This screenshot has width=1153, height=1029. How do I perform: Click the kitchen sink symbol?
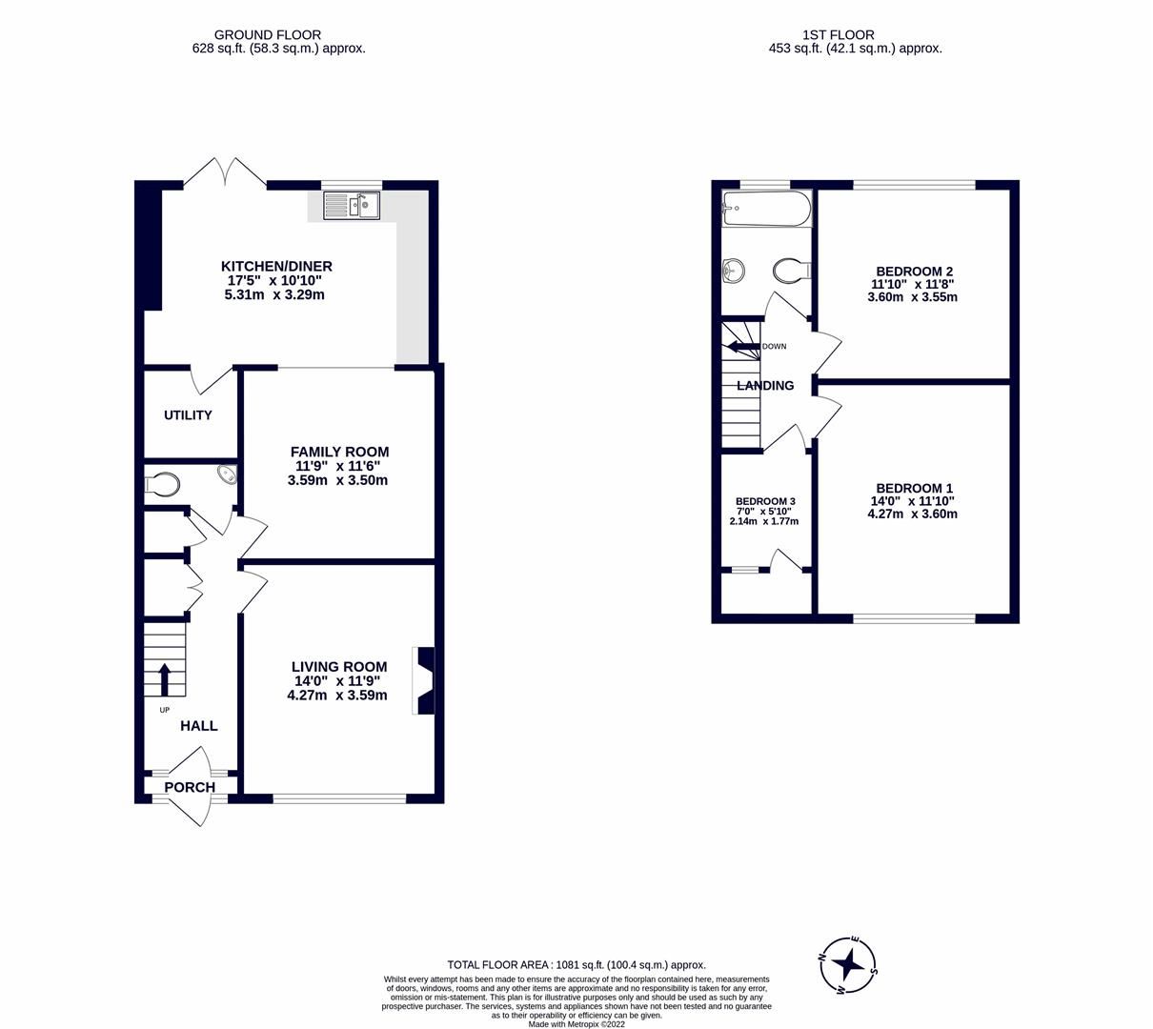352,204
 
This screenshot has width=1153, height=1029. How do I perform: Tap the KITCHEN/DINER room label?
276,266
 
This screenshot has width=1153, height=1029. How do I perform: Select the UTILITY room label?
188,415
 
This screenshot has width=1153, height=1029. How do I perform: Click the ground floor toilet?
162,485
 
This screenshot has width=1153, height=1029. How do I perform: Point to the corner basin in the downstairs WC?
228,474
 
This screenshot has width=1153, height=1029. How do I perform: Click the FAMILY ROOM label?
339,452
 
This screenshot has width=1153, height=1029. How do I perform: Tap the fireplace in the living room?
424,680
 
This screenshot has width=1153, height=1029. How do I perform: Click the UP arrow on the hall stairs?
163,679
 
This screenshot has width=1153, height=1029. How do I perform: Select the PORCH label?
190,787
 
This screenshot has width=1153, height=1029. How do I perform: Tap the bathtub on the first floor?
766,207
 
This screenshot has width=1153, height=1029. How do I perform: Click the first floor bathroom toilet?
791,272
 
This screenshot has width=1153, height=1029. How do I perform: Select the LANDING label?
765,386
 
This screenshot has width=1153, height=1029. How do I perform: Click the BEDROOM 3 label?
765,501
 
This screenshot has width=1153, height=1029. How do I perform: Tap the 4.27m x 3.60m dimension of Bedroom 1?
912,514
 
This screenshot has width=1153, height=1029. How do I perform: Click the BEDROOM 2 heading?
912,270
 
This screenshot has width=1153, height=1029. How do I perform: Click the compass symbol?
848,965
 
